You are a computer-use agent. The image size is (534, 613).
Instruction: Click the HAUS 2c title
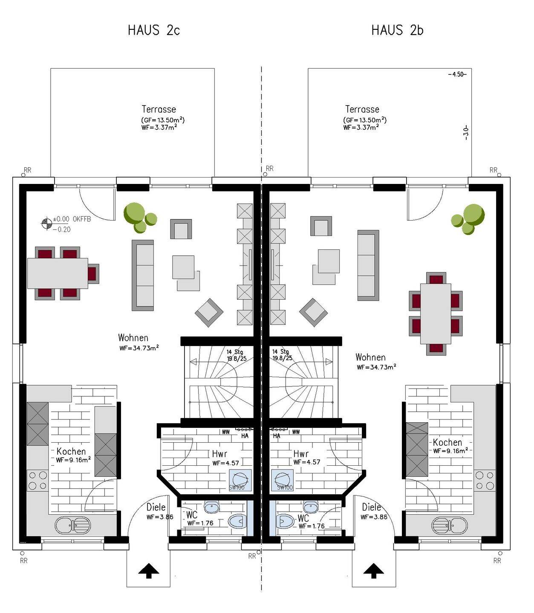click(x=153, y=30)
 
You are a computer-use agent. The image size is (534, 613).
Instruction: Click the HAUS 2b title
click(x=397, y=30)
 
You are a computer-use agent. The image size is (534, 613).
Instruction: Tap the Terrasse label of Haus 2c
click(x=159, y=109)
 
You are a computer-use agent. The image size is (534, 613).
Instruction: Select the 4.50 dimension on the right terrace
click(x=457, y=74)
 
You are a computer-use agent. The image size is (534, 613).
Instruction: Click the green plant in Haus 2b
click(x=469, y=219)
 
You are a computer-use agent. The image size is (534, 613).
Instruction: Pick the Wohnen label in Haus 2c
click(x=133, y=338)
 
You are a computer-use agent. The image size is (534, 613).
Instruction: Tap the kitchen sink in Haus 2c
click(x=73, y=525)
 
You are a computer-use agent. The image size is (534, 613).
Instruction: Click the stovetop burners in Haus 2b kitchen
click(x=485, y=481)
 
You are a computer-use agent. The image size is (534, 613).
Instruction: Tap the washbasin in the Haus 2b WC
click(x=311, y=507)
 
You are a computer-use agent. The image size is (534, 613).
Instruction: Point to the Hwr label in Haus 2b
click(x=301, y=454)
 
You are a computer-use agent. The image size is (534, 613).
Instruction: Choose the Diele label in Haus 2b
click(x=372, y=507)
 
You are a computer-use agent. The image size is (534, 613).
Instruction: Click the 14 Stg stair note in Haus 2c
click(x=235, y=352)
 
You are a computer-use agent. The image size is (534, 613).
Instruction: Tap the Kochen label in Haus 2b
click(x=447, y=442)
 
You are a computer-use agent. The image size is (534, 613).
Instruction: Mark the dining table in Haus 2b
click(x=436, y=313)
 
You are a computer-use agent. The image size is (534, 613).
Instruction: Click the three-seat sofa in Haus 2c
click(x=143, y=275)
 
